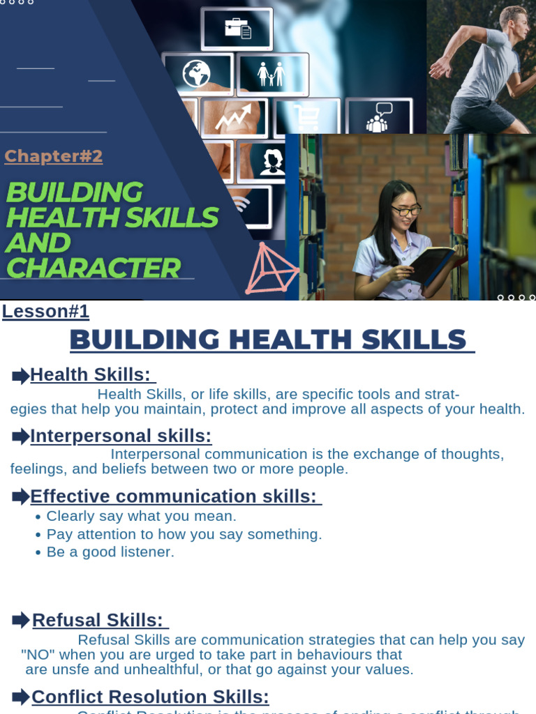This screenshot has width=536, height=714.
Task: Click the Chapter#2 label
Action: click(53, 156)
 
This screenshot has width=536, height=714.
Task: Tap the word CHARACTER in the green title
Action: click(92, 268)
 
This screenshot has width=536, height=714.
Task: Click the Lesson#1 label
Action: click(45, 311)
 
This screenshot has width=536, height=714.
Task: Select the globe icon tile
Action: click(196, 74)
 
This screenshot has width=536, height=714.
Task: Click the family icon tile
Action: click(271, 74)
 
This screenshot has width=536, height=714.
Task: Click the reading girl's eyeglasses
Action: click(406, 209)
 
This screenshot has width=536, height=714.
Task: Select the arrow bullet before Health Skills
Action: click(20, 376)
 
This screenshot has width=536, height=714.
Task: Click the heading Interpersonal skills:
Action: click(121, 436)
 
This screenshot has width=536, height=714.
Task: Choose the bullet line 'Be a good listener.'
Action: click(110, 552)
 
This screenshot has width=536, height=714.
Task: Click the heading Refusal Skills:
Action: click(97, 620)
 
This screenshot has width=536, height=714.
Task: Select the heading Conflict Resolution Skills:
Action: click(150, 697)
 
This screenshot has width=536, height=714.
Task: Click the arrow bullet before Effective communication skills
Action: click(20, 497)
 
